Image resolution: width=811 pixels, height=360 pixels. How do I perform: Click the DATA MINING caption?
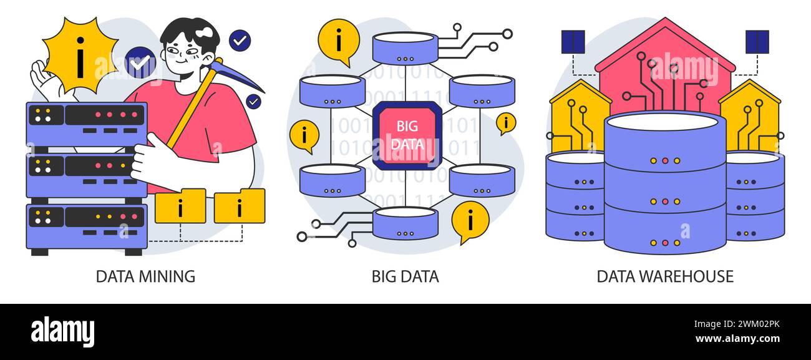pos(145,276)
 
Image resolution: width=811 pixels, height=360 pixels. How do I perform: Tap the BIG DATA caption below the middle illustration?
pos(405,276)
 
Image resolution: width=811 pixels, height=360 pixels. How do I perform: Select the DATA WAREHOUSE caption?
pos(665,276)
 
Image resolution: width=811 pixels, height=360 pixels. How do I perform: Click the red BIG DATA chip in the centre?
pos(407,135)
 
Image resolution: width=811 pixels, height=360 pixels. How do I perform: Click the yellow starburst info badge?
pos(80,55)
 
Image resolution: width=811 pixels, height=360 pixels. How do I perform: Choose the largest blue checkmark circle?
pos(140,62)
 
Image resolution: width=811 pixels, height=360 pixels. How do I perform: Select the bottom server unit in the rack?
pos(87,223)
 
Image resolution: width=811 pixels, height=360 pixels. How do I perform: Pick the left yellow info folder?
pos(180,207)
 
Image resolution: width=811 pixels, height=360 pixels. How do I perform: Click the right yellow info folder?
pos(239,207)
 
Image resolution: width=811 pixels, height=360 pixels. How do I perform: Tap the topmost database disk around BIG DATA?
pos(405,47)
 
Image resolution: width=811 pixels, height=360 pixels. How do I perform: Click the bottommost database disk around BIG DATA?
pos(405,223)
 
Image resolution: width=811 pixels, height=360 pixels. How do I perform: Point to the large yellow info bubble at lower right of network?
pos(470,220)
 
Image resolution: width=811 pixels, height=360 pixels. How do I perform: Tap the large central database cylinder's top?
pos(664,122)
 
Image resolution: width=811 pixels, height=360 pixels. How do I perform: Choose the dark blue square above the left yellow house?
pos(573,42)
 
